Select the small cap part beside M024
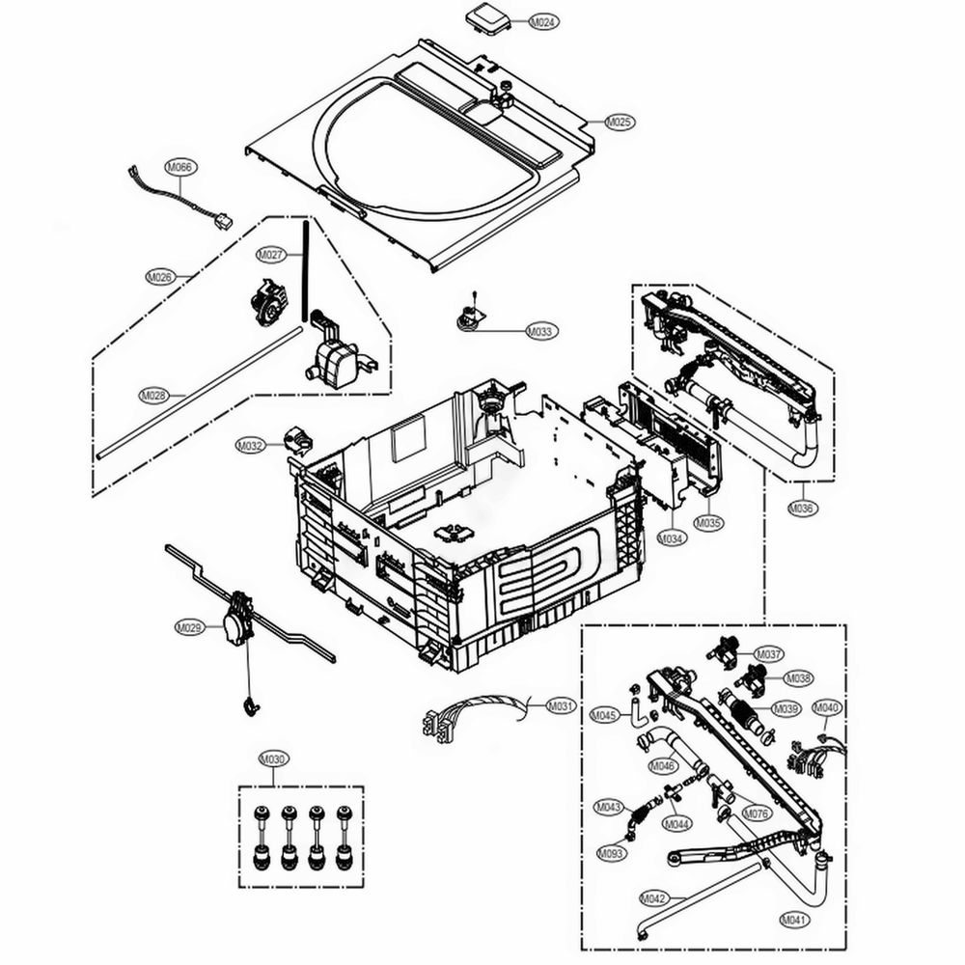click(x=482, y=17)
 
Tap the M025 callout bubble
click(x=620, y=123)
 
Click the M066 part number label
click(x=179, y=167)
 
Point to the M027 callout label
click(x=271, y=255)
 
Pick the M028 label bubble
click(x=154, y=395)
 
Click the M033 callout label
click(x=542, y=332)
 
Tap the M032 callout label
click(x=250, y=446)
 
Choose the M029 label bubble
click(x=190, y=627)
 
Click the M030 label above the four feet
click(x=274, y=759)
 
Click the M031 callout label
click(x=562, y=705)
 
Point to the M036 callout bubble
click(x=803, y=509)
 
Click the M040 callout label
click(x=827, y=707)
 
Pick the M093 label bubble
click(x=611, y=854)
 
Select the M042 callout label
click(x=654, y=898)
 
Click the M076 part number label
click(x=757, y=813)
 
